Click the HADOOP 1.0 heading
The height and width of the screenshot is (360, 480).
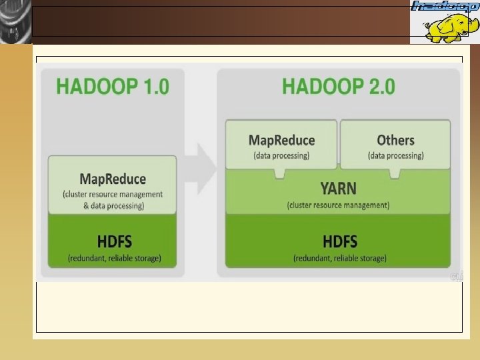[112, 87]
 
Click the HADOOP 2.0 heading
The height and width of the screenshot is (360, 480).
[339, 87]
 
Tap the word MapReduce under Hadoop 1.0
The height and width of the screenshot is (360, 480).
[113, 179]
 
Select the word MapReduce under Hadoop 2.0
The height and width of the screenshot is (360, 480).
[281, 140]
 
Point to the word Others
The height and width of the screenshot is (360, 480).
[395, 140]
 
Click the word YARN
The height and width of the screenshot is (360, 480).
[338, 189]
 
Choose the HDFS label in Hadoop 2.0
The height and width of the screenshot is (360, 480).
[339, 241]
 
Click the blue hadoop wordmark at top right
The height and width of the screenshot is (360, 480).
[445, 6]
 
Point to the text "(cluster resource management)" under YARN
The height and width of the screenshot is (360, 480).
[338, 205]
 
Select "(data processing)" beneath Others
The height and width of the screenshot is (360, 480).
[395, 155]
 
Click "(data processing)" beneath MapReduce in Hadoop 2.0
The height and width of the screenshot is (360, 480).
[281, 155]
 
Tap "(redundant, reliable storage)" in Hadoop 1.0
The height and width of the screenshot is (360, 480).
[114, 258]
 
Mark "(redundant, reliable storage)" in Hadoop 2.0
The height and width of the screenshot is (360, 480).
[339, 258]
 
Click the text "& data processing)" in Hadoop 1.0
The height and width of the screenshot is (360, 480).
[113, 206]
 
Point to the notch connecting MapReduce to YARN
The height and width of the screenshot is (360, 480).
[281, 173]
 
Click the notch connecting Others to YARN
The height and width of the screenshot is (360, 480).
[395, 173]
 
